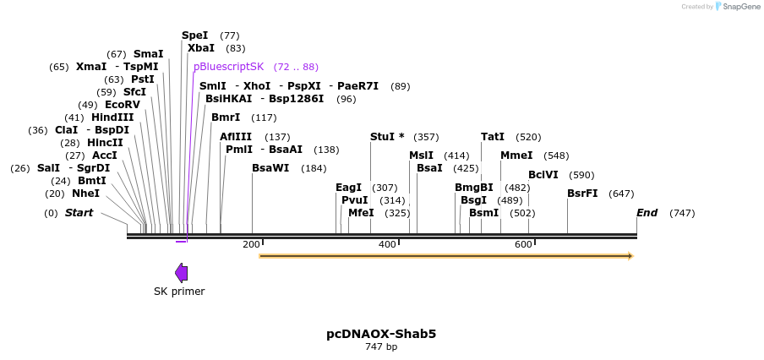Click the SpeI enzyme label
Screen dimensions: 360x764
194,35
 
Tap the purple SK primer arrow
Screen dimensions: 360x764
181,272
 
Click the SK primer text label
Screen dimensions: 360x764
179,292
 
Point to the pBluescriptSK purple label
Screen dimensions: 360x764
228,67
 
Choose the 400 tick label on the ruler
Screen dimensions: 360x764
387,244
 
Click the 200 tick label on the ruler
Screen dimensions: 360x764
251,244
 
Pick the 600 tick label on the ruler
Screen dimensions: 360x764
523,244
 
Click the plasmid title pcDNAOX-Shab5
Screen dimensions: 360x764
381,334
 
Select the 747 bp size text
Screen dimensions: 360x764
381,347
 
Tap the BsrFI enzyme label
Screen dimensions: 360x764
582,194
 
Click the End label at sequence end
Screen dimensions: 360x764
647,213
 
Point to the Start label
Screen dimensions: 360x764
79,213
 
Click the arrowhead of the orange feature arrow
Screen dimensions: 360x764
630,255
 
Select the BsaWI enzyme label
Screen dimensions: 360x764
270,168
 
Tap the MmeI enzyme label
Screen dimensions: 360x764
516,155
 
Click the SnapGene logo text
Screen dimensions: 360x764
740,7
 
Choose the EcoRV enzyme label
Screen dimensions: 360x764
123,105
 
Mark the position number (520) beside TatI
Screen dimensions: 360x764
528,137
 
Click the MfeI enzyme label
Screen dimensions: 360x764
361,213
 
